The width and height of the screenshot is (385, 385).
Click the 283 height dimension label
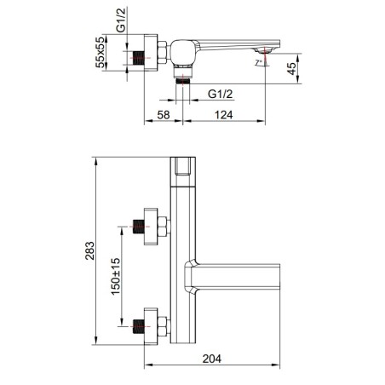tap(90, 250)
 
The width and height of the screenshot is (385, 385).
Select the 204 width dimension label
tap(212, 359)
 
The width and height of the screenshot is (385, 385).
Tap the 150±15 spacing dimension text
tap(116, 277)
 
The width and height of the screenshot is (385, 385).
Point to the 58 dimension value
tap(164, 115)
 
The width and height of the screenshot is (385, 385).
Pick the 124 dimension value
tap(224, 115)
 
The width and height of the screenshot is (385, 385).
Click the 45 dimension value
tap(291, 69)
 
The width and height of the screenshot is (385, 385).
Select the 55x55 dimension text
tap(101, 53)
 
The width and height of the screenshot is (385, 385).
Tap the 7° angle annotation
tap(258, 62)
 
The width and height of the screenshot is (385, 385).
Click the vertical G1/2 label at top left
tap(121, 20)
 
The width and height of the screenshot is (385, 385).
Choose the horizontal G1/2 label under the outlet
tap(221, 94)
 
